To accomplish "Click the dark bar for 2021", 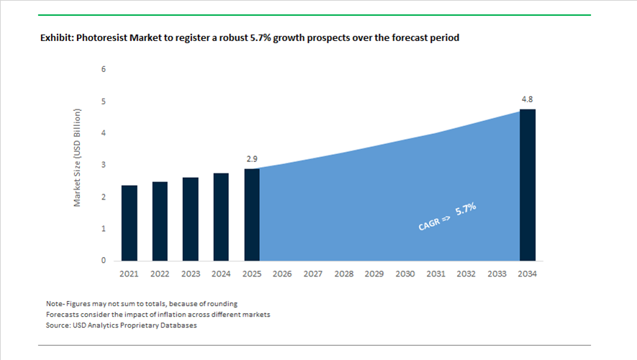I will [129, 223].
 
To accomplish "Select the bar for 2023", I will [190, 219].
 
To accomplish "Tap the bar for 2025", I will [251, 215].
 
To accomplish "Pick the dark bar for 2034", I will [528, 185].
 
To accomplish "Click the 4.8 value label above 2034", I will [528, 99].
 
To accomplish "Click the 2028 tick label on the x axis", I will [343, 274].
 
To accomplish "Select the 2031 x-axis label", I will [435, 274].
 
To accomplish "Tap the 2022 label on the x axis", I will [159, 274].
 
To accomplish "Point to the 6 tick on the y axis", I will [104, 70].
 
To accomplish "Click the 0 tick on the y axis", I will [104, 261].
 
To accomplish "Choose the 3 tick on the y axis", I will [104, 165].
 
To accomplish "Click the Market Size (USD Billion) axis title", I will [78, 158].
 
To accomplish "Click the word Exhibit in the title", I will [57, 37].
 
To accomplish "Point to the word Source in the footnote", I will [58, 325].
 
